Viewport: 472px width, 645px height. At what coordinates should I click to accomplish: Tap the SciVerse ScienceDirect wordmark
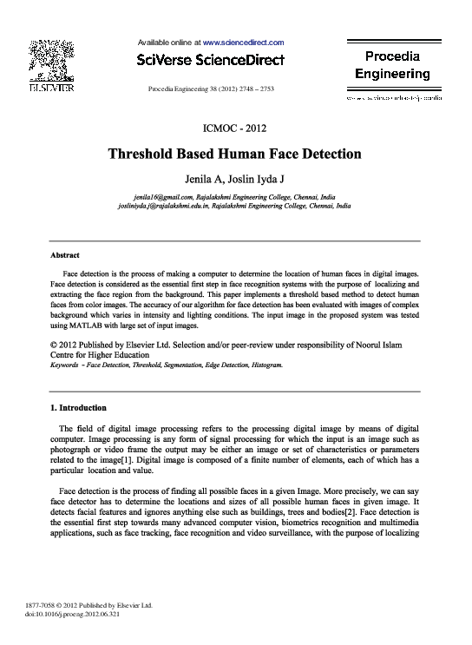(x=210, y=61)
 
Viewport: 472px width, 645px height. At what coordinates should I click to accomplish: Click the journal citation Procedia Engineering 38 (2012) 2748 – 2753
(x=211, y=89)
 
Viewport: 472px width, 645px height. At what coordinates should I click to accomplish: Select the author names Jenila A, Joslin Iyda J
(x=234, y=181)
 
